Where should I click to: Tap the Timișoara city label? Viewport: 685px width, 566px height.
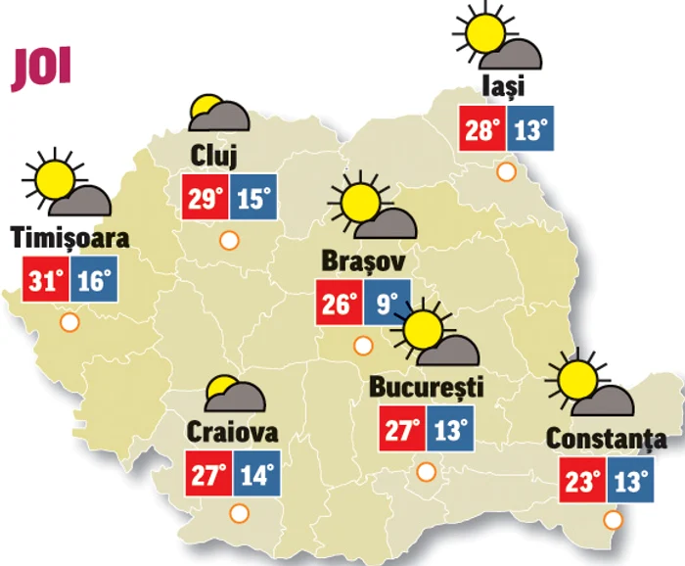click(x=69, y=239)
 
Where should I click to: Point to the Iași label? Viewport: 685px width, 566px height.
click(x=505, y=86)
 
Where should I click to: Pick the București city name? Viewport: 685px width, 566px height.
click(x=427, y=387)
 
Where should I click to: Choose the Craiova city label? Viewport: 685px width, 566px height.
click(x=232, y=432)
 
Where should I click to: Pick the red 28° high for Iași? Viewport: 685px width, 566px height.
click(x=483, y=129)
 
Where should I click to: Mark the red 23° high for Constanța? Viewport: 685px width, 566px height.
click(x=583, y=481)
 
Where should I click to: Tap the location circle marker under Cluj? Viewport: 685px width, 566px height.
click(x=229, y=239)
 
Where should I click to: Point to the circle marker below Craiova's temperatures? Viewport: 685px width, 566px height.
click(x=238, y=513)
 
